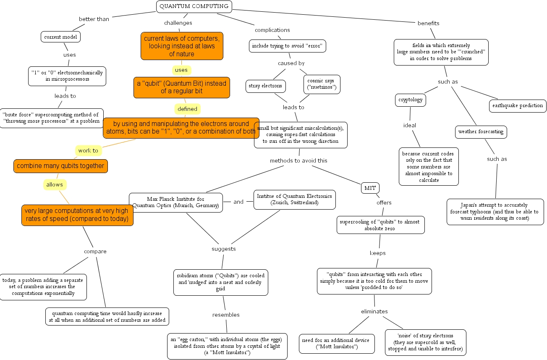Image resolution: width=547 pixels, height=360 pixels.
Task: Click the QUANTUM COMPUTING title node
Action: [x=194, y=6]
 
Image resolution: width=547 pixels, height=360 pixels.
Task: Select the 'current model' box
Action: [x=61, y=37]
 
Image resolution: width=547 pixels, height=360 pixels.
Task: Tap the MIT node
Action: [x=370, y=188]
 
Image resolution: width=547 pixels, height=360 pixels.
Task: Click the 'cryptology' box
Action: [x=411, y=100]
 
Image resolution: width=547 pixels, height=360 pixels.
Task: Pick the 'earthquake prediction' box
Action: [x=518, y=106]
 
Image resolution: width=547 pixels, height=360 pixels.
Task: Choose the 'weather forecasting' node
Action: [x=481, y=132]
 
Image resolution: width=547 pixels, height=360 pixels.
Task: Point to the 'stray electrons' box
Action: [x=266, y=87]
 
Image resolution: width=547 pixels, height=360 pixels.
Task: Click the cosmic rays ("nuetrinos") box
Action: [x=322, y=84]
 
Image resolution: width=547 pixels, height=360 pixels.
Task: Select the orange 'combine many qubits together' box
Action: [x=60, y=166]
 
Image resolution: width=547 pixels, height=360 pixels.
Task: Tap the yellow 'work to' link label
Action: [x=88, y=150]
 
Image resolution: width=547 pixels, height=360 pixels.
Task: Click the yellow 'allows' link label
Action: [x=55, y=184]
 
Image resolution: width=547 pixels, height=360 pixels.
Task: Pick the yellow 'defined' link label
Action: [x=187, y=109]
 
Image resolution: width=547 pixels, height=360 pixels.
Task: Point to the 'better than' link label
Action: [x=94, y=19]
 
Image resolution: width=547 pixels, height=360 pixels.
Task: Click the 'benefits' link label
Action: [x=428, y=23]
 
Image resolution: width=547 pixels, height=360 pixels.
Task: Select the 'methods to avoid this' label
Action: [x=298, y=160]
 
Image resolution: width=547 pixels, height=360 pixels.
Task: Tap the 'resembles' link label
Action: [x=226, y=315]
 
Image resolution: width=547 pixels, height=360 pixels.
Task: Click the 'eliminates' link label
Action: [x=374, y=311]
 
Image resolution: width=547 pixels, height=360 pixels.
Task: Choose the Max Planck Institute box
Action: [x=175, y=202]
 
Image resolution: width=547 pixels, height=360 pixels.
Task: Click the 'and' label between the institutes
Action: [x=238, y=202]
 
